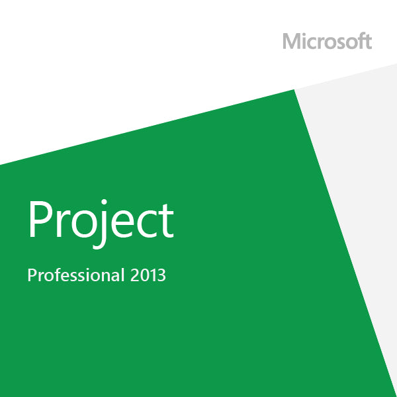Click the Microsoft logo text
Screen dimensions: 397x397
pos(327,41)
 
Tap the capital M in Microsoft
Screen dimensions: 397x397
pos(292,41)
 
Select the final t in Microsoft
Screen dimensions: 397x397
pos(367,41)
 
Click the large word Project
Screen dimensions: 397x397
pos(101,220)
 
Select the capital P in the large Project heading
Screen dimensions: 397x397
pos(40,218)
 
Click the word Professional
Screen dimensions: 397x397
pos(75,275)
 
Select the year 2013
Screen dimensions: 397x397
pos(147,275)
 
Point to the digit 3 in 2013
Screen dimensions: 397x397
pos(161,275)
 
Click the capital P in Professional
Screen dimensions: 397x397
pos(31,275)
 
